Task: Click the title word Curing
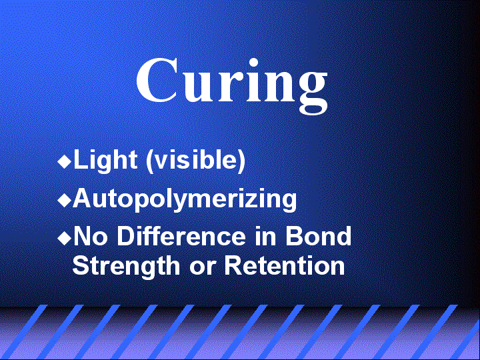click(232, 85)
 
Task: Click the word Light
click(105, 160)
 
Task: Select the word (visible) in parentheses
click(195, 161)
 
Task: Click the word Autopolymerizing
click(185, 200)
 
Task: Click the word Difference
click(181, 236)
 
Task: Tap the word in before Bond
click(265, 236)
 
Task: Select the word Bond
click(319, 236)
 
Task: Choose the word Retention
click(285, 266)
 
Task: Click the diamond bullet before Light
click(64, 161)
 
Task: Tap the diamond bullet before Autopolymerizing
click(64, 201)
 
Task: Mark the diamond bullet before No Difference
click(64, 238)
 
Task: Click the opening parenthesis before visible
click(149, 161)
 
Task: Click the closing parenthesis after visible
click(242, 161)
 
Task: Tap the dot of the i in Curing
click(253, 63)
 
